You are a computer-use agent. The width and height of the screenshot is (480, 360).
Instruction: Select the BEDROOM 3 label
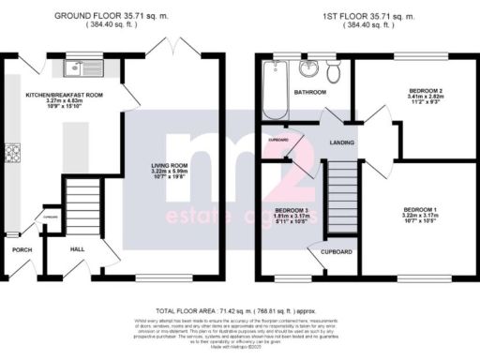pyautogui.click(x=291, y=209)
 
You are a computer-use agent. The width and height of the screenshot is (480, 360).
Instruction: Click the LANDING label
pyautogui.click(x=340, y=143)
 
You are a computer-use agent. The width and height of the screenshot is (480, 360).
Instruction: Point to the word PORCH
pyautogui.click(x=22, y=250)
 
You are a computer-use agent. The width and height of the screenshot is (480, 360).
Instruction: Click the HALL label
pyautogui.click(x=80, y=250)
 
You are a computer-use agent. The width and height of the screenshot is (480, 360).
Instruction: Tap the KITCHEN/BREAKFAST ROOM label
pyautogui.click(x=65, y=96)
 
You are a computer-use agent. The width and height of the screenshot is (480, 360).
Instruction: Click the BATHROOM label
pyautogui.click(x=308, y=93)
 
